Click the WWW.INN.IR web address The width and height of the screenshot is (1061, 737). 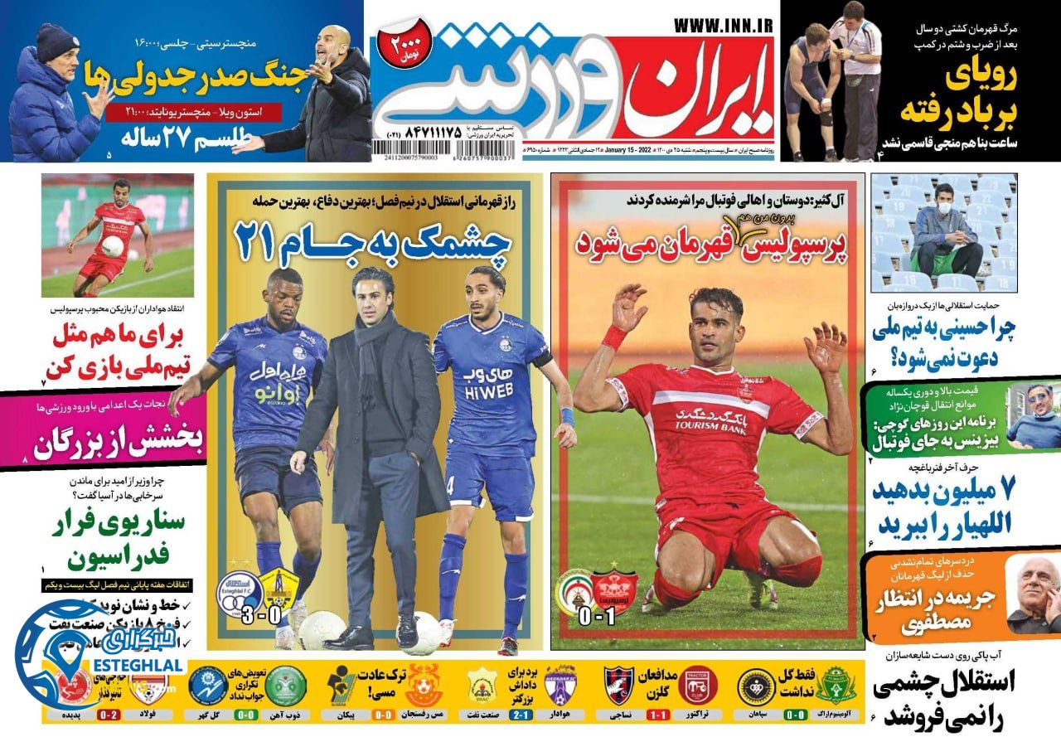pyautogui.click(x=723, y=26)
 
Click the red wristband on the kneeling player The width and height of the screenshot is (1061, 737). pyautogui.click(x=614, y=337)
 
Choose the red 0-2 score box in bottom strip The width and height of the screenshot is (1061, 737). pyautogui.click(x=109, y=713)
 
